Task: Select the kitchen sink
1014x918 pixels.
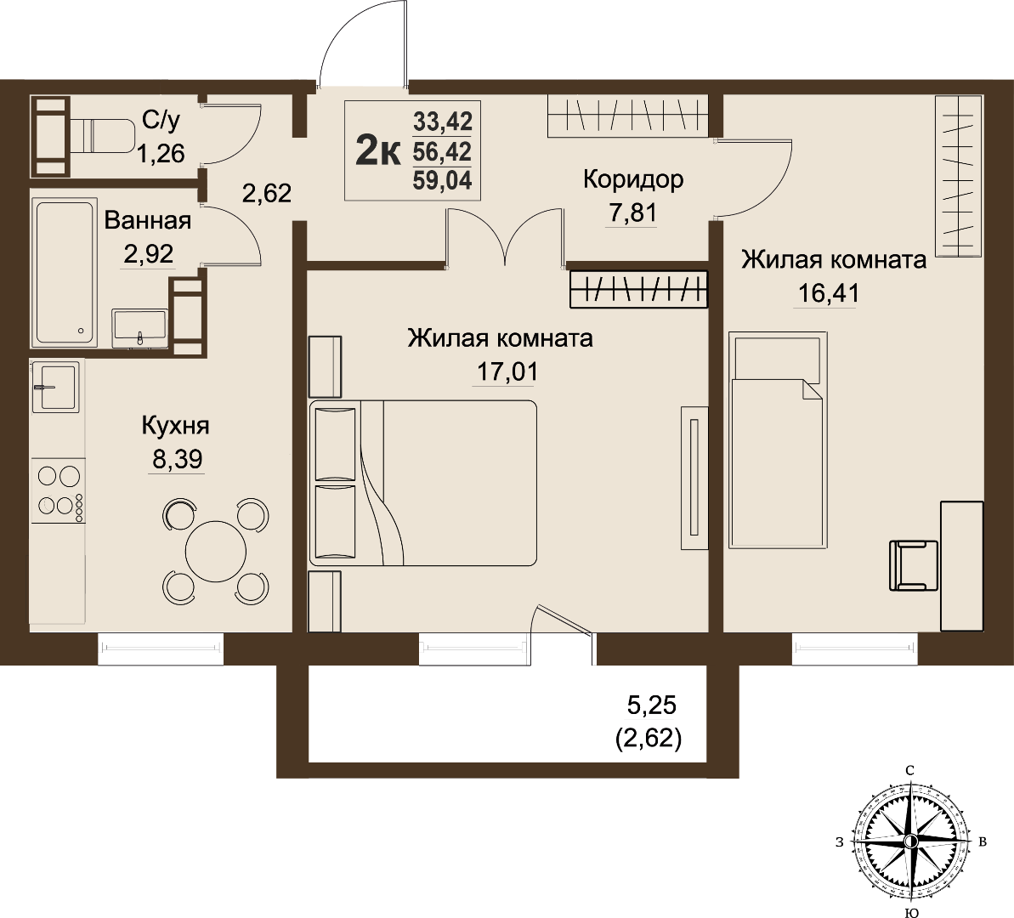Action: click(x=55, y=386)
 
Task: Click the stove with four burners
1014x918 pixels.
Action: click(x=58, y=490)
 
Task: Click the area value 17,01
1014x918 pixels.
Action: click(x=507, y=372)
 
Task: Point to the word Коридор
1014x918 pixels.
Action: click(x=633, y=179)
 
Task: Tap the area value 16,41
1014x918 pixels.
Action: click(x=829, y=293)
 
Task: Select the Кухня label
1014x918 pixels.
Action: click(x=175, y=426)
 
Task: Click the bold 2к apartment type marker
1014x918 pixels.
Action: click(x=378, y=151)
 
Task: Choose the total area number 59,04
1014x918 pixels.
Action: click(x=442, y=180)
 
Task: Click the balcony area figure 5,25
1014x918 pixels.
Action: click(x=652, y=705)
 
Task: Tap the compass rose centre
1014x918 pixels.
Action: click(x=910, y=841)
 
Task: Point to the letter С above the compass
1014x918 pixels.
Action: click(x=909, y=770)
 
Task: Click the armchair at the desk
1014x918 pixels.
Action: click(x=914, y=565)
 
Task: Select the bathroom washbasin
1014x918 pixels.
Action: click(x=139, y=328)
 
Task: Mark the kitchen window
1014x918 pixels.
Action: click(x=161, y=649)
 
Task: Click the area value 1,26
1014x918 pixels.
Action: click(x=161, y=154)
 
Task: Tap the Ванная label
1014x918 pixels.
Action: click(x=147, y=221)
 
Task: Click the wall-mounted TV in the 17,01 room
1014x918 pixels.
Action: click(x=694, y=478)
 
